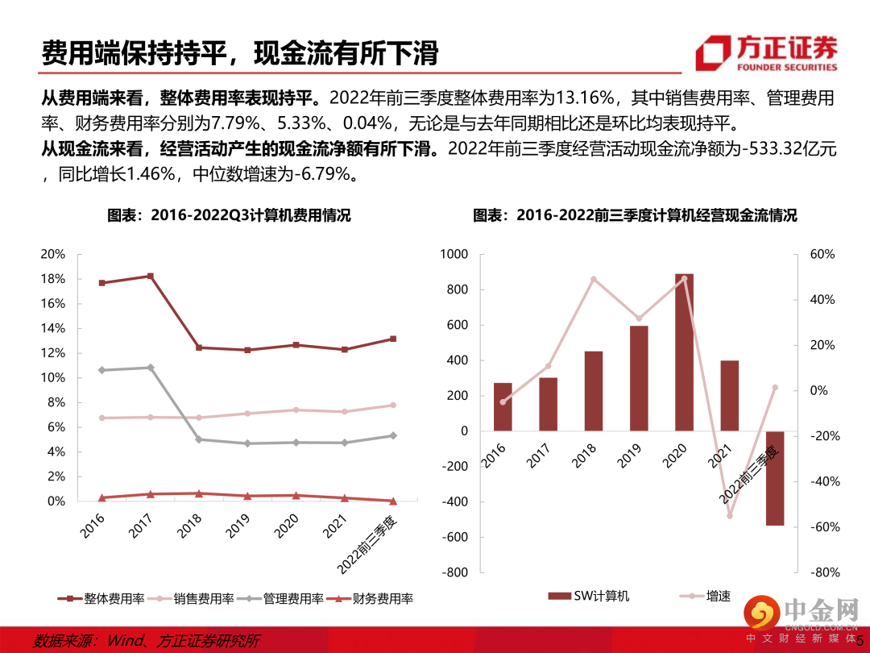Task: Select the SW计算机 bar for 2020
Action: coord(684,352)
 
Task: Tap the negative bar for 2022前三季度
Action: coord(775,478)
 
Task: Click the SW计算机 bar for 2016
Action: coord(503,407)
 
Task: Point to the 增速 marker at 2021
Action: coord(730,515)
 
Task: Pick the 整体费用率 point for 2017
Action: coord(149,276)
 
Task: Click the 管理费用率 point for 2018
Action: coord(198,439)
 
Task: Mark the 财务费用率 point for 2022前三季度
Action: coord(393,501)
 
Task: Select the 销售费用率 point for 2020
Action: coord(296,410)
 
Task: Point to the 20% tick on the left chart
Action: coord(52,254)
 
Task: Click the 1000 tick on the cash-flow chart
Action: coord(454,254)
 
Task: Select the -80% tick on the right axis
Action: coord(824,572)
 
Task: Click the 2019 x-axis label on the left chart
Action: coord(238,529)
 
